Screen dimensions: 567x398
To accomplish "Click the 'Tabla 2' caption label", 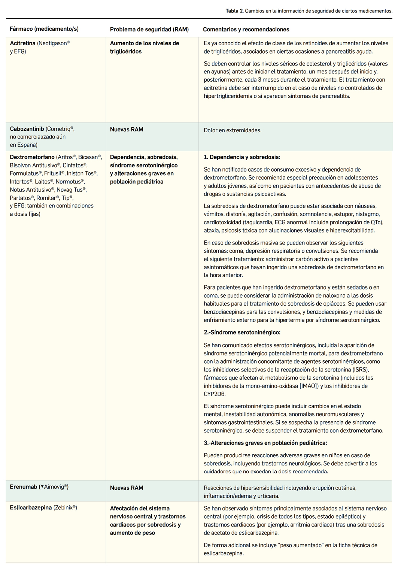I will [234, 11].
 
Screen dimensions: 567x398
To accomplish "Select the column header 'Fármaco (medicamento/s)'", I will [44, 29].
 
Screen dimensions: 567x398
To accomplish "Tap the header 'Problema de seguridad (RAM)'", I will [149, 29].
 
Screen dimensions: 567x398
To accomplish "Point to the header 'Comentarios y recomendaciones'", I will [246, 29].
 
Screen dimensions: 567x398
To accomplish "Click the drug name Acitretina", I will [22, 43].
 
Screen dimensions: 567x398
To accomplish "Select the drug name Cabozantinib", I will [27, 129].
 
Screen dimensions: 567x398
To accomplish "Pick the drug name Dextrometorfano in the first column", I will [32, 157].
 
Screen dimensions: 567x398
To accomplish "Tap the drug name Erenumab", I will [24, 487].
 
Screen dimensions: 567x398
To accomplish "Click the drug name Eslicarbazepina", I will [31, 508].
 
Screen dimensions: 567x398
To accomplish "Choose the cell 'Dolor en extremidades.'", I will [233, 130].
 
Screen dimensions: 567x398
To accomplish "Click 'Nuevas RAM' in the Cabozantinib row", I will [127, 130].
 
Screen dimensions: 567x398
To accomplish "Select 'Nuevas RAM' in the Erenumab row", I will [127, 488].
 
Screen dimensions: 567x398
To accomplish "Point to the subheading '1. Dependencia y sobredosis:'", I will [242, 157].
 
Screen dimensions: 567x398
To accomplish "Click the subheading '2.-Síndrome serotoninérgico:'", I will [242, 332].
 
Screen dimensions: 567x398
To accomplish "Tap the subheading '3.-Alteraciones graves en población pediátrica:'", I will [265, 443].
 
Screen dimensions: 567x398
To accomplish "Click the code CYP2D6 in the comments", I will [215, 394].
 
